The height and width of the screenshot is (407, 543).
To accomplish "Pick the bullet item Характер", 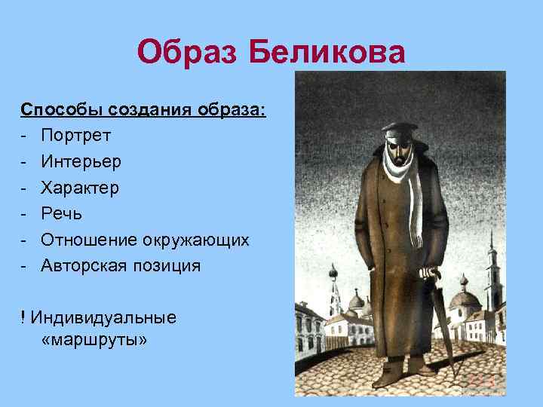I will click(80, 188).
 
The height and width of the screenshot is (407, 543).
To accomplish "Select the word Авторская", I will click(86, 265).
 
